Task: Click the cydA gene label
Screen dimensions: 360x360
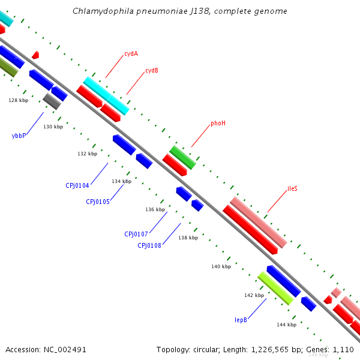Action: click(x=131, y=53)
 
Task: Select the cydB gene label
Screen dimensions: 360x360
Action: click(x=152, y=70)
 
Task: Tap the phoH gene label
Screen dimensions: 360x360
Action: click(x=218, y=123)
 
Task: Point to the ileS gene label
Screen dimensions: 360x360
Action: click(x=292, y=188)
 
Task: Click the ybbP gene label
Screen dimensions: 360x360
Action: click(x=19, y=136)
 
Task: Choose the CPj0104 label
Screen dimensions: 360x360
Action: click(x=77, y=185)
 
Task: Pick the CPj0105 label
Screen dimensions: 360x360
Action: click(x=98, y=202)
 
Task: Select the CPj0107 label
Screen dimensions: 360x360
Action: click(x=136, y=233)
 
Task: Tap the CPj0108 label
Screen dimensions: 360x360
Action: click(x=149, y=245)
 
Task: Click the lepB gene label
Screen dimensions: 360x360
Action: click(x=241, y=320)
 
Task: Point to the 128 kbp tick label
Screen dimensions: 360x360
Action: click(x=18, y=100)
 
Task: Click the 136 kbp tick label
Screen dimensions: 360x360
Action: click(x=155, y=209)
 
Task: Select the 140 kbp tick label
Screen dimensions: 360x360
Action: click(x=221, y=266)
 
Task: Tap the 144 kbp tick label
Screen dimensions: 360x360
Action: click(x=286, y=325)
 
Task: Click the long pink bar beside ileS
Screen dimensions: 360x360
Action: click(x=258, y=222)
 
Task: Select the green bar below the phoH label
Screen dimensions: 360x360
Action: click(x=182, y=157)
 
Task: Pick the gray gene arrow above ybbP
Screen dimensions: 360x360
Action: click(x=52, y=101)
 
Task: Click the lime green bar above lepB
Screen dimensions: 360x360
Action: click(x=275, y=288)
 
